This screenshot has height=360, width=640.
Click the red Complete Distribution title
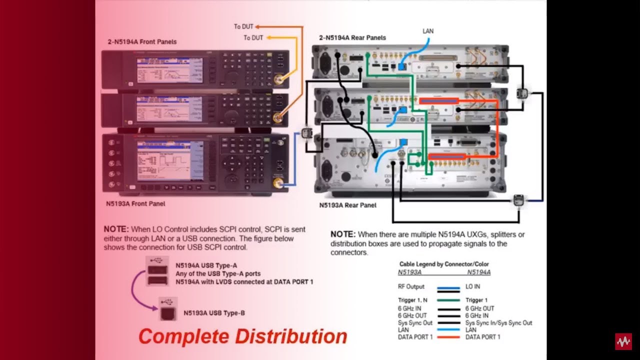[242, 336]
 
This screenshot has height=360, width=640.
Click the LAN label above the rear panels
[428, 31]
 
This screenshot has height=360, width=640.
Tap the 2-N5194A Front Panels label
[142, 42]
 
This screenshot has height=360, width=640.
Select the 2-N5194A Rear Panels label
[352, 37]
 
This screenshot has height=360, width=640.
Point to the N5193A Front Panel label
[135, 204]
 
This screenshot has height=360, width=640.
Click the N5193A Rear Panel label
[347, 205]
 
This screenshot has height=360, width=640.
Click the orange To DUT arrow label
[243, 26]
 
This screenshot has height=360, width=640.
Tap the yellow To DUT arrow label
[253, 38]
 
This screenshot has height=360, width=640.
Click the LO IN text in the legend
[472, 286]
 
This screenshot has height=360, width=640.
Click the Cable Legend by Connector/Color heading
[444, 264]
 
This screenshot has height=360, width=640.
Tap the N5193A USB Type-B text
[214, 313]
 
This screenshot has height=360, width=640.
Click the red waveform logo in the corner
[623, 341]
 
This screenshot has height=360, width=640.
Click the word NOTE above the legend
[343, 234]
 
